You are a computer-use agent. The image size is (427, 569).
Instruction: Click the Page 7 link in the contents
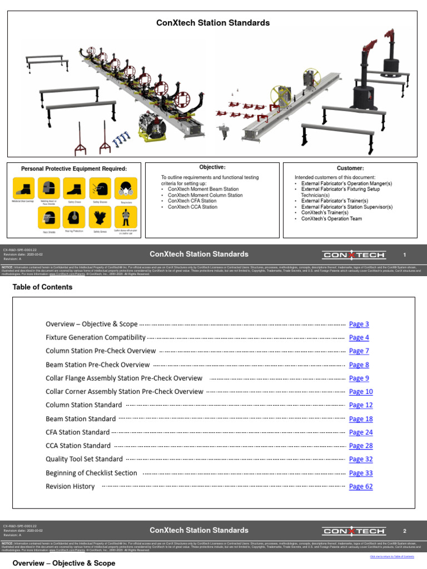(x=359, y=351)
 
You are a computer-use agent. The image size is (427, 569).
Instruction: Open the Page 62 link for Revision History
(x=360, y=487)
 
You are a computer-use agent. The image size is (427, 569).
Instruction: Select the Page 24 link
(x=360, y=432)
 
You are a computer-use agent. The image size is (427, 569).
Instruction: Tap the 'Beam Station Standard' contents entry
(x=81, y=419)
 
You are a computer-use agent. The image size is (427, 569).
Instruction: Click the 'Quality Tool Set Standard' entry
(x=84, y=460)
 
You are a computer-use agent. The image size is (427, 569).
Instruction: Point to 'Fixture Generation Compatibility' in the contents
(x=96, y=338)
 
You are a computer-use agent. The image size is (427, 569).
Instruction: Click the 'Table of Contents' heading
(x=42, y=287)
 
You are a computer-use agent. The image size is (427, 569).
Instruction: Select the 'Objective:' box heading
(x=212, y=167)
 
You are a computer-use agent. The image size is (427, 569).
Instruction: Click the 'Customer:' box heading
(x=350, y=168)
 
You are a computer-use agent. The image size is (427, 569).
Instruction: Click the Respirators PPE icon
(x=126, y=188)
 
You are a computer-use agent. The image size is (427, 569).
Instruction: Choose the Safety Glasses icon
(x=100, y=188)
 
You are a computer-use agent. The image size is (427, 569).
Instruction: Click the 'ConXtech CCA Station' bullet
(x=192, y=207)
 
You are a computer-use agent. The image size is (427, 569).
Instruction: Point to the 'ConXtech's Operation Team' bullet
(x=331, y=218)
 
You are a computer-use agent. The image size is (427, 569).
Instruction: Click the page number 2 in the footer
(x=405, y=531)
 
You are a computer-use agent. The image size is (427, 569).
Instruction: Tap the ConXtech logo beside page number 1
(x=354, y=255)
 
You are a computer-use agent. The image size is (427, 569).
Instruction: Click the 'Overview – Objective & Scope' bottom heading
(x=64, y=563)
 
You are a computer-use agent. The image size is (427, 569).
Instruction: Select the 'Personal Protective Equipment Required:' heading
(x=74, y=169)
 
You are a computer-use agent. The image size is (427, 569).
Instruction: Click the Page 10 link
(x=360, y=392)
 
